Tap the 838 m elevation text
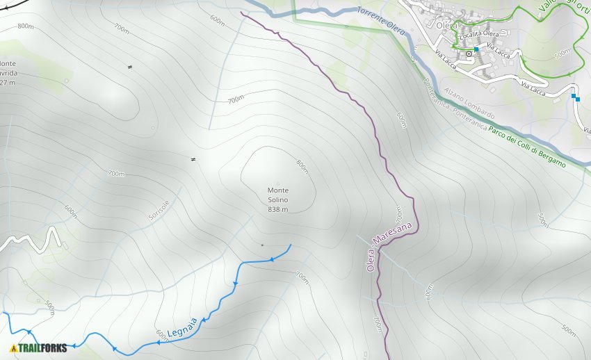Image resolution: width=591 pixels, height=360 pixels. pos(277,209)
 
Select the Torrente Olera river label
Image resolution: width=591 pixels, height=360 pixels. pos(381,22)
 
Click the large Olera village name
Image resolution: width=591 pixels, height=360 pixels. pos(446,25)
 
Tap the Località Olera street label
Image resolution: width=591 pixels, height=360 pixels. pos(480,34)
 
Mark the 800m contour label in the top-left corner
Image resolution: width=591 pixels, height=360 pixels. pos(26,26)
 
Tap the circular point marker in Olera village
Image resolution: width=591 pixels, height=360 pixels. pos(469,53)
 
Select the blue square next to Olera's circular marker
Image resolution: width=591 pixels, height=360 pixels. pos(476,49)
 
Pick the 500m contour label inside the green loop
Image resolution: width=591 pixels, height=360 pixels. pos(562,53)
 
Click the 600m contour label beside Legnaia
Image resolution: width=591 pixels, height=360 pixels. pos(161,334)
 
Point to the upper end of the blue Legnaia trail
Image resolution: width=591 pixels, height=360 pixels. pos(290,245)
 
